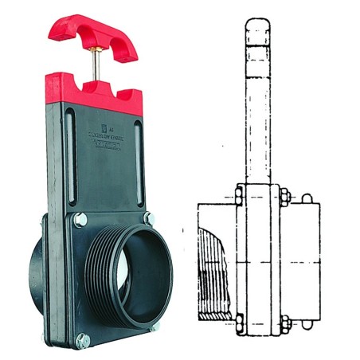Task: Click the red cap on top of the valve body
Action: pos(94,92)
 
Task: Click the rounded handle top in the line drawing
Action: pos(258,32)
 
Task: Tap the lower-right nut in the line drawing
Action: pos(283,323)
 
